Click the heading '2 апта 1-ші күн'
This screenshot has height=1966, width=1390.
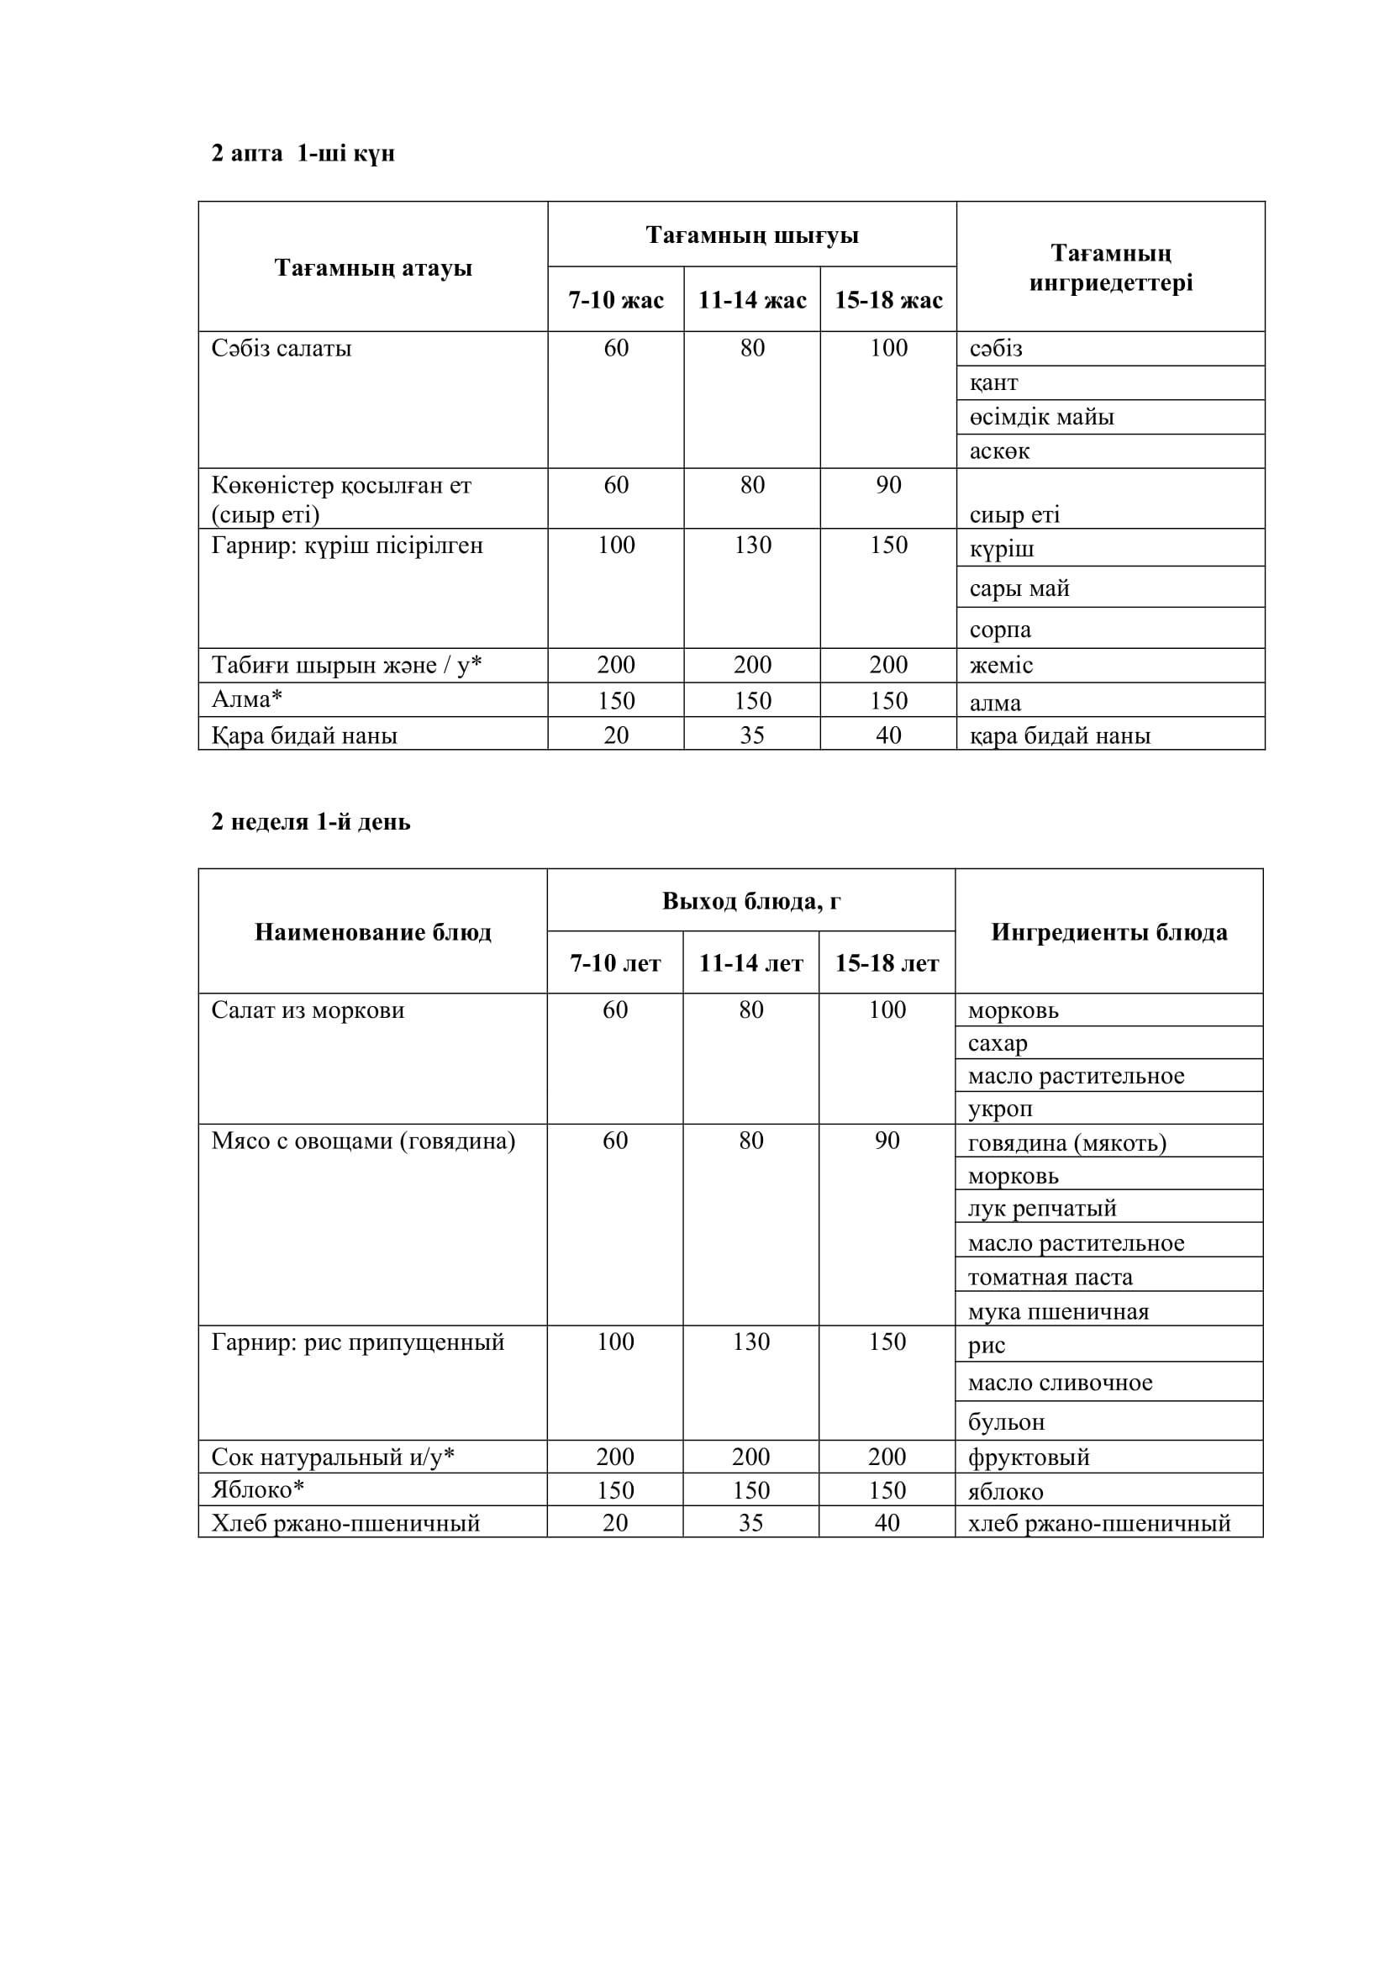click(x=303, y=154)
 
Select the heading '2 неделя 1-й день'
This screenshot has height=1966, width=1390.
click(x=311, y=822)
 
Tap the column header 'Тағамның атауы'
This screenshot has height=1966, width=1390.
click(x=373, y=268)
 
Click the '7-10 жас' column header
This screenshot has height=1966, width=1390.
click(x=616, y=300)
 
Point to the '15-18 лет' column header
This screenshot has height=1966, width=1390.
click(x=887, y=963)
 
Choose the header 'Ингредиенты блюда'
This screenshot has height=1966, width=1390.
click(x=1109, y=931)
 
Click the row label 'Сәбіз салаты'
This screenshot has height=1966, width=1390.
click(x=282, y=349)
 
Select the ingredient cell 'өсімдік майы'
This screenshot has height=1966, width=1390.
click(x=1041, y=417)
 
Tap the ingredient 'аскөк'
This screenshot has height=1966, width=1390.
click(x=1000, y=451)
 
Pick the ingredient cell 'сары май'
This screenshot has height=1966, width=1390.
click(x=1019, y=588)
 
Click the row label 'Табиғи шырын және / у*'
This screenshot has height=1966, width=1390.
click(x=346, y=666)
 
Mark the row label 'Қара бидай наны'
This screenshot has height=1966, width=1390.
click(x=305, y=735)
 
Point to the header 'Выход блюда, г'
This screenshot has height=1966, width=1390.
click(x=751, y=901)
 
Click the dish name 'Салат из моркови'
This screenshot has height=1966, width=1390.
click(x=308, y=1010)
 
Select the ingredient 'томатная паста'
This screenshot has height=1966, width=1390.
click(x=1050, y=1278)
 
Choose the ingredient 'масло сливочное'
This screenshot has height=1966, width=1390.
click(x=1061, y=1382)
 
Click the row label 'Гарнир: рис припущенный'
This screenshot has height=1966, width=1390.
click(x=358, y=1341)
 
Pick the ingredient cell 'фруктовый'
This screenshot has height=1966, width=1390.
click(x=1029, y=1457)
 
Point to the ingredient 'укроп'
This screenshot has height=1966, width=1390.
click(x=1001, y=1108)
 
